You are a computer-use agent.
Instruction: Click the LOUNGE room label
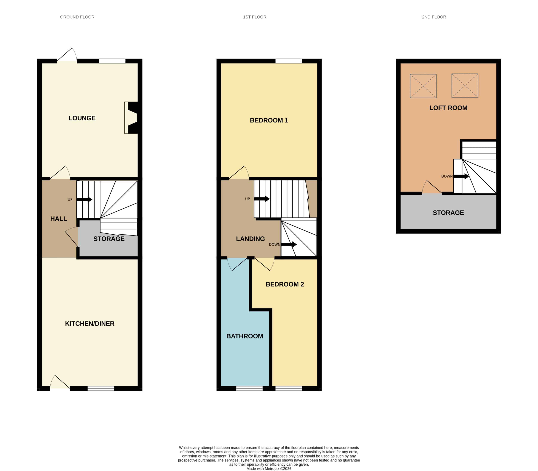pyautogui.click(x=82, y=118)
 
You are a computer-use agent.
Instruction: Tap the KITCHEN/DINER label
pyautogui.click(x=90, y=324)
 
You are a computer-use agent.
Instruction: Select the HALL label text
pyautogui.click(x=58, y=219)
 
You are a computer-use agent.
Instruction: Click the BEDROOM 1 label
pyautogui.click(x=269, y=120)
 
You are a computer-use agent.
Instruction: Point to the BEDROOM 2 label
pyautogui.click(x=285, y=284)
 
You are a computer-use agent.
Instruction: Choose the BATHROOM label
pyautogui.click(x=245, y=336)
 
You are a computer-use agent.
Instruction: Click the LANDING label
pyautogui.click(x=250, y=239)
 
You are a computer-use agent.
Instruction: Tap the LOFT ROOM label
pyautogui.click(x=448, y=108)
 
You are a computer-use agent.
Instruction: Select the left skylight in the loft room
pyautogui.click(x=423, y=86)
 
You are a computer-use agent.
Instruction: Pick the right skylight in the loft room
pyautogui.click(x=465, y=85)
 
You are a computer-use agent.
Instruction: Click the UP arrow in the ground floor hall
pyautogui.click(x=84, y=199)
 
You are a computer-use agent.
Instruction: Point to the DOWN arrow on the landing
pyautogui.click(x=289, y=244)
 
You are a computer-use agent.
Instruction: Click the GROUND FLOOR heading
pyautogui.click(x=77, y=17)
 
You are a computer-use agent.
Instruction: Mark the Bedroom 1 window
pyautogui.click(x=289, y=61)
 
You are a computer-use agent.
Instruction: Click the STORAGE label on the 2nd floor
pyautogui.click(x=448, y=213)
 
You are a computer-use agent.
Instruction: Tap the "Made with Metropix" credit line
pyautogui.click(x=269, y=468)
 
